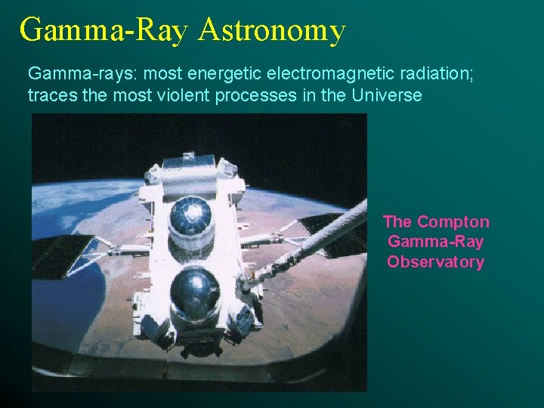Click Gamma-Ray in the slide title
106,31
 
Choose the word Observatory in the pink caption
435,262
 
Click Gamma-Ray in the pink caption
435,242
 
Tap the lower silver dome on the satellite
195,292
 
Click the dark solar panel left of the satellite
64,254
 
